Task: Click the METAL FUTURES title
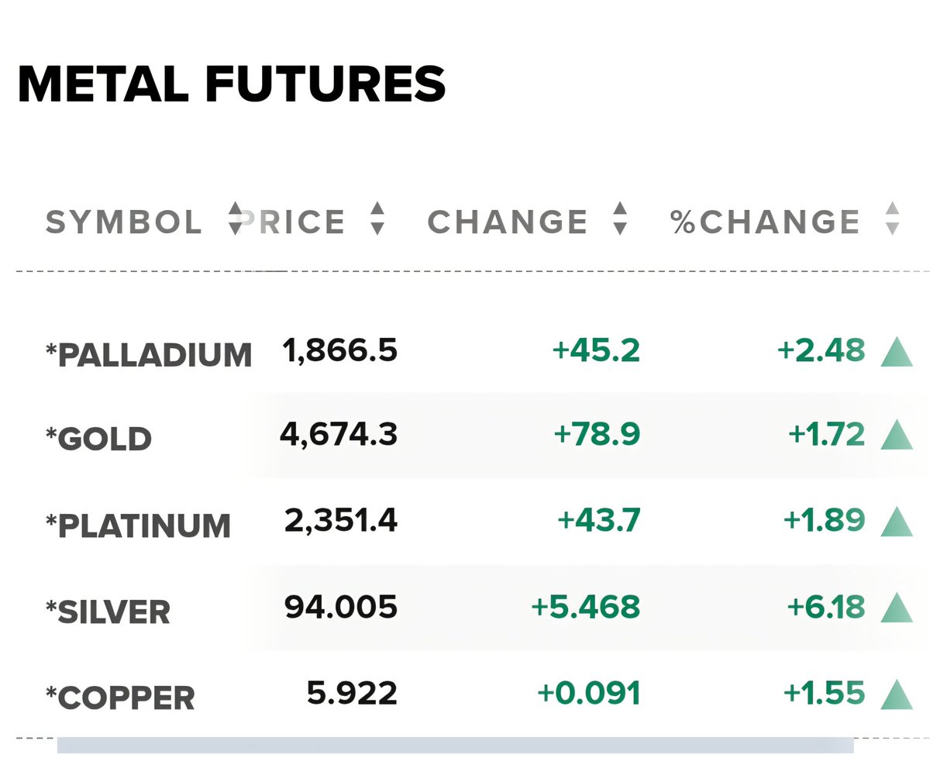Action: [x=232, y=84]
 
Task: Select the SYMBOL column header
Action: [x=123, y=222]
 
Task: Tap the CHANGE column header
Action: [x=507, y=222]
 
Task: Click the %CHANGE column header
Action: [x=765, y=222]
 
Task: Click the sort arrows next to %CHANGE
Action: [x=893, y=219]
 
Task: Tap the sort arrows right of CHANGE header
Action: [x=620, y=219]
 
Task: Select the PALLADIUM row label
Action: [x=149, y=354]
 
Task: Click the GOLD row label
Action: [x=98, y=438]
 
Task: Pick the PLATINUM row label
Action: [x=138, y=526]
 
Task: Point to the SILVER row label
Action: [x=108, y=612]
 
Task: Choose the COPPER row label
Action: [x=120, y=698]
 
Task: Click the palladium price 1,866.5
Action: [x=339, y=351]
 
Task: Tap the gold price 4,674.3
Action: [x=338, y=434]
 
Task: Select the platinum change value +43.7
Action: [x=598, y=519]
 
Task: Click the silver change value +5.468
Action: [x=586, y=606]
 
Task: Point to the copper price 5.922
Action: [x=352, y=693]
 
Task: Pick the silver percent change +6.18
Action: [x=826, y=606]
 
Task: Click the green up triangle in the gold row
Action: [x=897, y=435]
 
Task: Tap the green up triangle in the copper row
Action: [x=897, y=695]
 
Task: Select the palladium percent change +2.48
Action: [x=821, y=350]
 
